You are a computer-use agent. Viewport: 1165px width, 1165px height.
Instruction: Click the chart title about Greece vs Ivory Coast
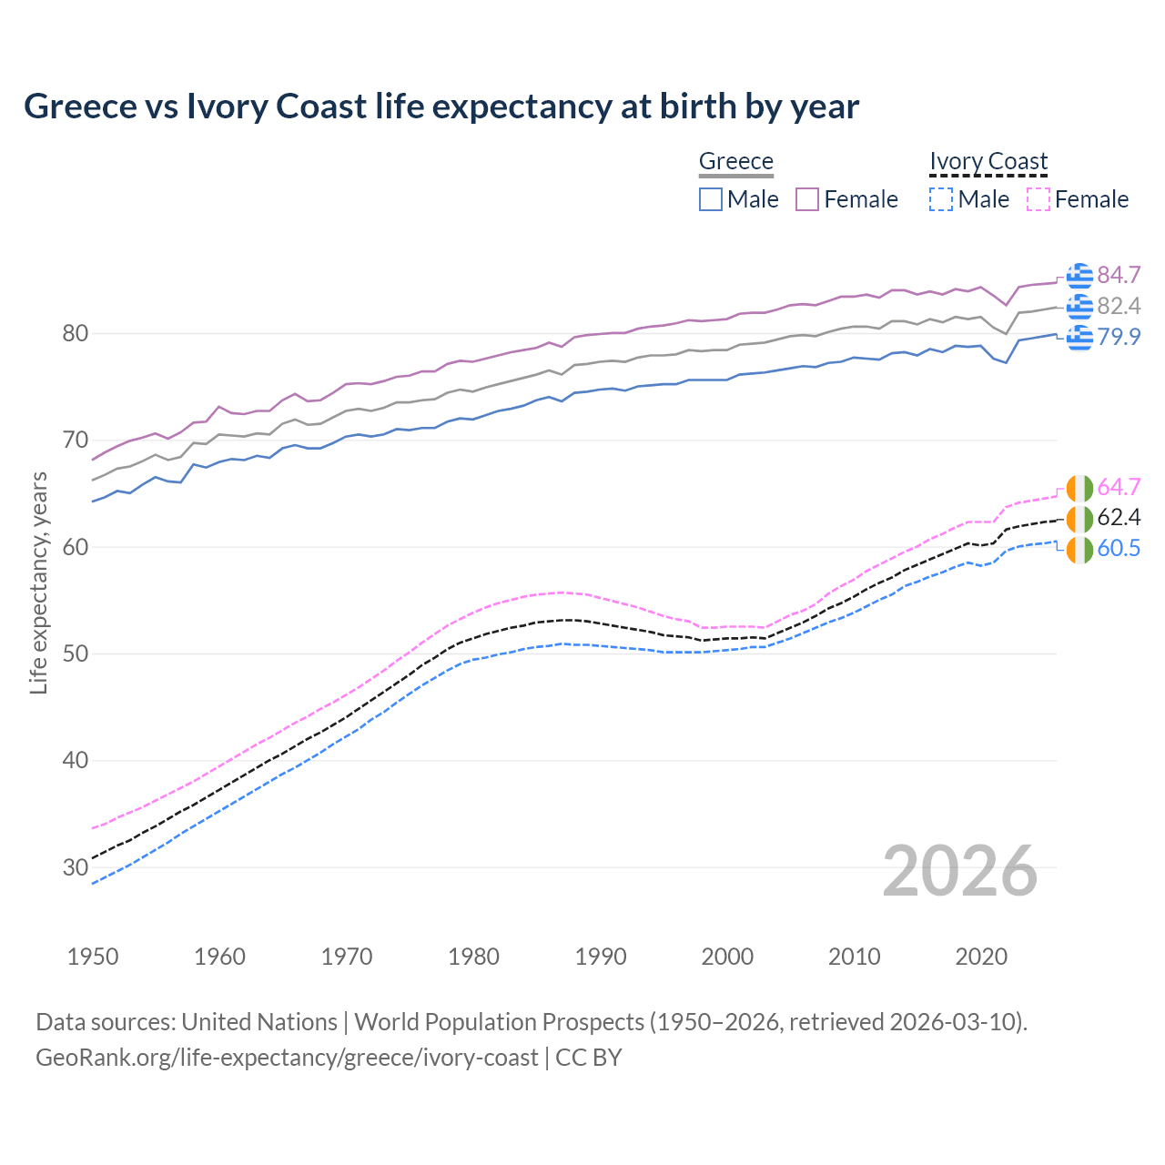pyautogui.click(x=441, y=106)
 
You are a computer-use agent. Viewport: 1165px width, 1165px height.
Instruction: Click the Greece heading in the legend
pyautogui.click(x=735, y=161)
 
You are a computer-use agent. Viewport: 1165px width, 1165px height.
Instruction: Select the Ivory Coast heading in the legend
pyautogui.click(x=988, y=161)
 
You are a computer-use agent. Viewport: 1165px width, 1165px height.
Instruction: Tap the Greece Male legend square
pyautogui.click(x=711, y=199)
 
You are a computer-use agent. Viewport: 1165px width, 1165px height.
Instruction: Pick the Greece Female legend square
pyautogui.click(x=808, y=199)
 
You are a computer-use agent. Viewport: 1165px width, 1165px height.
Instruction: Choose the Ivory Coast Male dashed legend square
pyautogui.click(x=941, y=199)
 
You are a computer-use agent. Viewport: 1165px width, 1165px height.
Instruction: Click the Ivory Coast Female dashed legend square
pyautogui.click(x=1038, y=199)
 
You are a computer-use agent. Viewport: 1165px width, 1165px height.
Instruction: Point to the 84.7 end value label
pyautogui.click(x=1119, y=275)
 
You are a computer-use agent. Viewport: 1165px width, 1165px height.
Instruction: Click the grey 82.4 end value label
pyautogui.click(x=1119, y=306)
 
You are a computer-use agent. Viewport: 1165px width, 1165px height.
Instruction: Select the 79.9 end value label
pyautogui.click(x=1119, y=337)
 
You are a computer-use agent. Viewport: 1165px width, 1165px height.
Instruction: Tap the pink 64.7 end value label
pyautogui.click(x=1119, y=487)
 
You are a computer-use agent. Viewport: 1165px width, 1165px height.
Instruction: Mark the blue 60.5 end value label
pyautogui.click(x=1119, y=548)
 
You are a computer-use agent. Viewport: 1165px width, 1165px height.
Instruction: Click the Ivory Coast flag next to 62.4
pyautogui.click(x=1079, y=519)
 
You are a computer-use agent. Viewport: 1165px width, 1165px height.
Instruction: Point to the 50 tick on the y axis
pyautogui.click(x=75, y=653)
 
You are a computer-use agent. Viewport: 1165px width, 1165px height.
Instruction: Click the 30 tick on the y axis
pyautogui.click(x=75, y=867)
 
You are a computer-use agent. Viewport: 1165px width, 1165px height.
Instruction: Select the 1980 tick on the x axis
pyautogui.click(x=473, y=957)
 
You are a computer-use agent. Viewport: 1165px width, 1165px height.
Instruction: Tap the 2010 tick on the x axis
pyautogui.click(x=854, y=957)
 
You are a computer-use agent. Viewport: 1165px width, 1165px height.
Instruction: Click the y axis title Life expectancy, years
pyautogui.click(x=38, y=582)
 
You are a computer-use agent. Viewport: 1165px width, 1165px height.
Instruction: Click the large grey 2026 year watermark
pyautogui.click(x=959, y=871)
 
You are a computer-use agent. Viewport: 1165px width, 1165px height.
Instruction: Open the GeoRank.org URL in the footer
pyautogui.click(x=287, y=1058)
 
